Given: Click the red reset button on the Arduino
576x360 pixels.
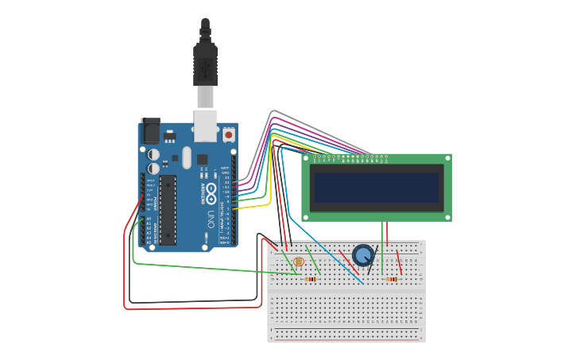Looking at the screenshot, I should pos(229,135).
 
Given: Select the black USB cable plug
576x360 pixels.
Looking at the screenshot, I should pos(205,64).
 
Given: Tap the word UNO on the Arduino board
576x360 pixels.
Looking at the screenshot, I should pos(211,219).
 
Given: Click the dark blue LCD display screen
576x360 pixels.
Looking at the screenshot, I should pos(376,188).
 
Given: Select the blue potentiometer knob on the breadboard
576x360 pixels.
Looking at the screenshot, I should pos(363,255).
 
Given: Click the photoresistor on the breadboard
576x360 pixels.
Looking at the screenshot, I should pos(298,261).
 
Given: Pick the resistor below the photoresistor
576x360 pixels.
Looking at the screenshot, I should pos(311,279).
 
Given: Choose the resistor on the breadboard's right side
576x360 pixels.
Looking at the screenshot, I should pos(392,279).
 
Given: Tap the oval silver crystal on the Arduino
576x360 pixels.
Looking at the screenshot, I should pos(187,157).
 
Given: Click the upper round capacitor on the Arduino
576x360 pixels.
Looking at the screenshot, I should pos(153,154).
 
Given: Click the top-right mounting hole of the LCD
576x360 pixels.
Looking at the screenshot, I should pos(447,158).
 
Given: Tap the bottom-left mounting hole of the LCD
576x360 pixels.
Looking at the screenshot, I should pos(306,217).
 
